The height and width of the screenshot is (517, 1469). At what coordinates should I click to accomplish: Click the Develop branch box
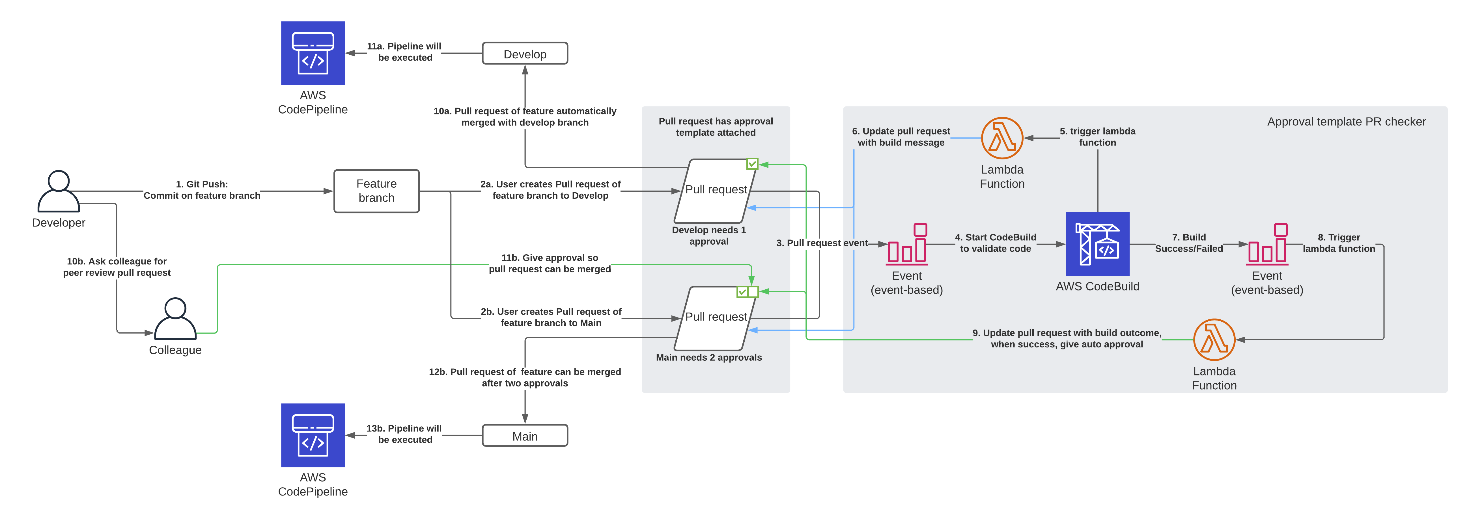[x=525, y=54]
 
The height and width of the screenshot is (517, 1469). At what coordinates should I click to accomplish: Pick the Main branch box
[x=525, y=436]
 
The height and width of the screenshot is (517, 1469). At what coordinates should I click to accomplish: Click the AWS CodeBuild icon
[x=1097, y=244]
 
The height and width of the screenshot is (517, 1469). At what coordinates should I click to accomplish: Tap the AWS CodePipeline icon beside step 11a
[x=313, y=53]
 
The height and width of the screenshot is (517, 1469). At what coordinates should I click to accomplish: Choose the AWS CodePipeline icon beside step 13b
[x=313, y=435]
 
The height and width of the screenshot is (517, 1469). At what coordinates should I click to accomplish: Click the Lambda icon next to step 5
[x=1002, y=138]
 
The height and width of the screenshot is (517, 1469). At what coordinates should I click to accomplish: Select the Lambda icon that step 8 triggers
[x=1214, y=339]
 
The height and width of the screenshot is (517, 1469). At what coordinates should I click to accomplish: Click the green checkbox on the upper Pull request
[x=752, y=164]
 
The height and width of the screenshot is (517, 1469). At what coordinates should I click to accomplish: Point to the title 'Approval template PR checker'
[x=1346, y=121]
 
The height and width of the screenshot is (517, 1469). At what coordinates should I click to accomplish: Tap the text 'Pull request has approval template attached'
[x=716, y=127]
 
